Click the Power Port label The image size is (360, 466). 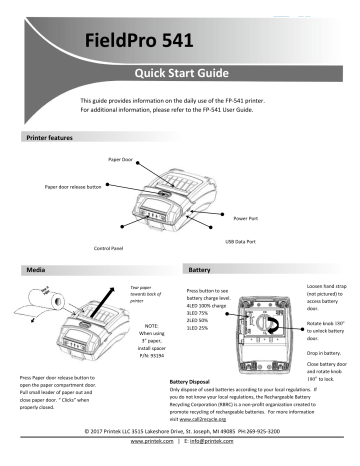click(x=246, y=216)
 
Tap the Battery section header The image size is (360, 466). click(x=198, y=270)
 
